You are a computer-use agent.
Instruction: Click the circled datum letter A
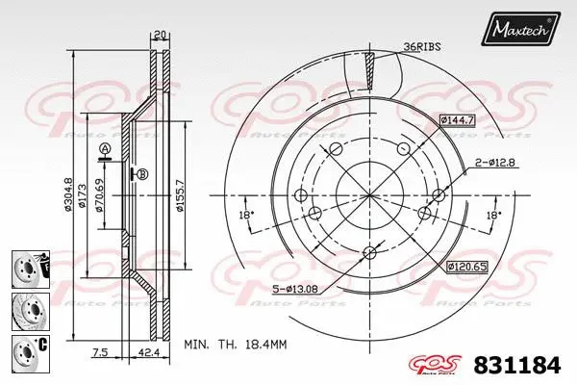pyautogui.click(x=104, y=147)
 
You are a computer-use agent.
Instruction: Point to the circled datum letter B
pyautogui.click(x=142, y=174)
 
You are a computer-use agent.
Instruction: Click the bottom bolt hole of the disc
pyautogui.click(x=370, y=253)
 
